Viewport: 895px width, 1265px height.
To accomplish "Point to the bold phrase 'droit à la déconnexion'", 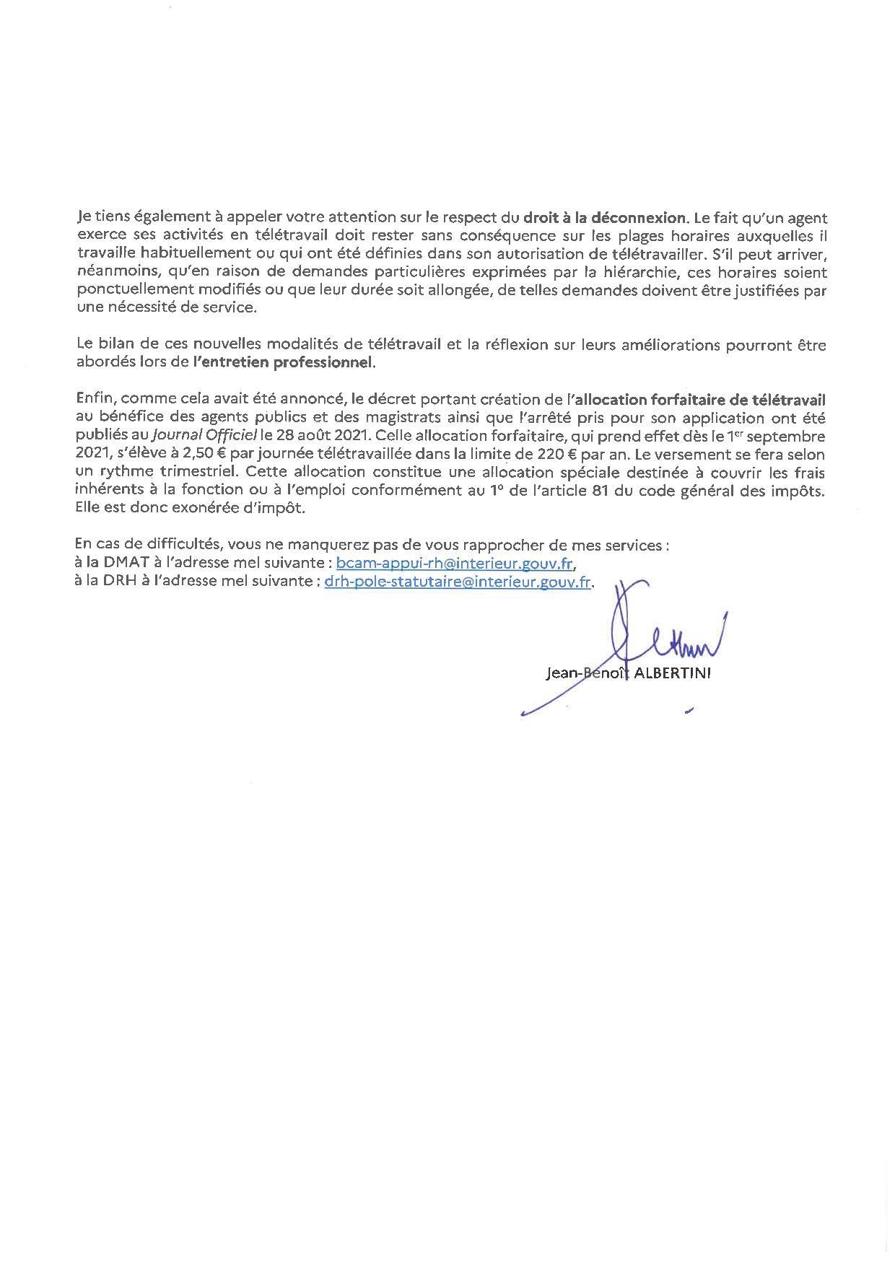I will [x=604, y=216].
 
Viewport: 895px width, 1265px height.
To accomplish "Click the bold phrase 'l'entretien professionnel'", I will [x=284, y=362].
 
